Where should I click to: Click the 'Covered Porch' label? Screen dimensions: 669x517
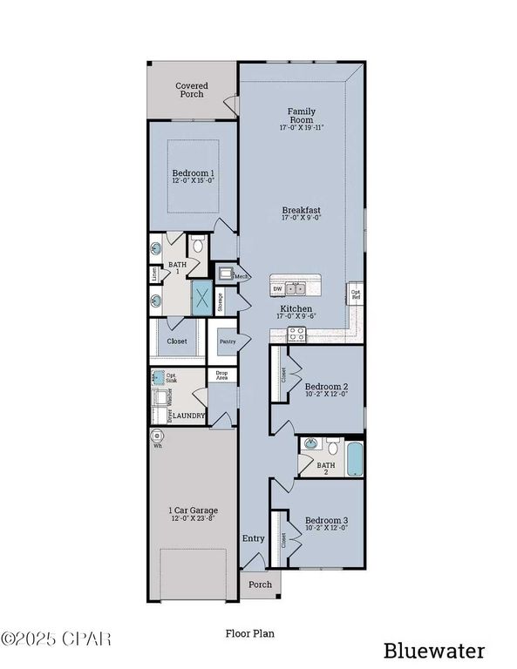click(x=191, y=90)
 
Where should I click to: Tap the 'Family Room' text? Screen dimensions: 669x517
click(x=302, y=116)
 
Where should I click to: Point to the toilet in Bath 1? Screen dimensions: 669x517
click(x=198, y=246)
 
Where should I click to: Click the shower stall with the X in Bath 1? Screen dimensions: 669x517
click(x=202, y=299)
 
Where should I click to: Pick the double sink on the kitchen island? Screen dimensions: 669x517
click(x=297, y=288)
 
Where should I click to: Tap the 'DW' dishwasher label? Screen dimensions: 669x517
click(x=277, y=288)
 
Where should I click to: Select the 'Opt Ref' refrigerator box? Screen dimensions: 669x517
click(x=355, y=293)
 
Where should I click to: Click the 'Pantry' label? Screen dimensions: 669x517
click(x=228, y=341)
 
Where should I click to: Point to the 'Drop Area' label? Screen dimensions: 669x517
click(x=222, y=375)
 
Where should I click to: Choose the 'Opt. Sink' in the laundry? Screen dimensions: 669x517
click(x=159, y=378)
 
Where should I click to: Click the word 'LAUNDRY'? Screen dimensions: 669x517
click(x=188, y=416)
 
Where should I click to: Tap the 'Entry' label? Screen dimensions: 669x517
click(x=253, y=538)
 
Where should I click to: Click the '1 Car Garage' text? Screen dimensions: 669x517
click(x=193, y=510)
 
